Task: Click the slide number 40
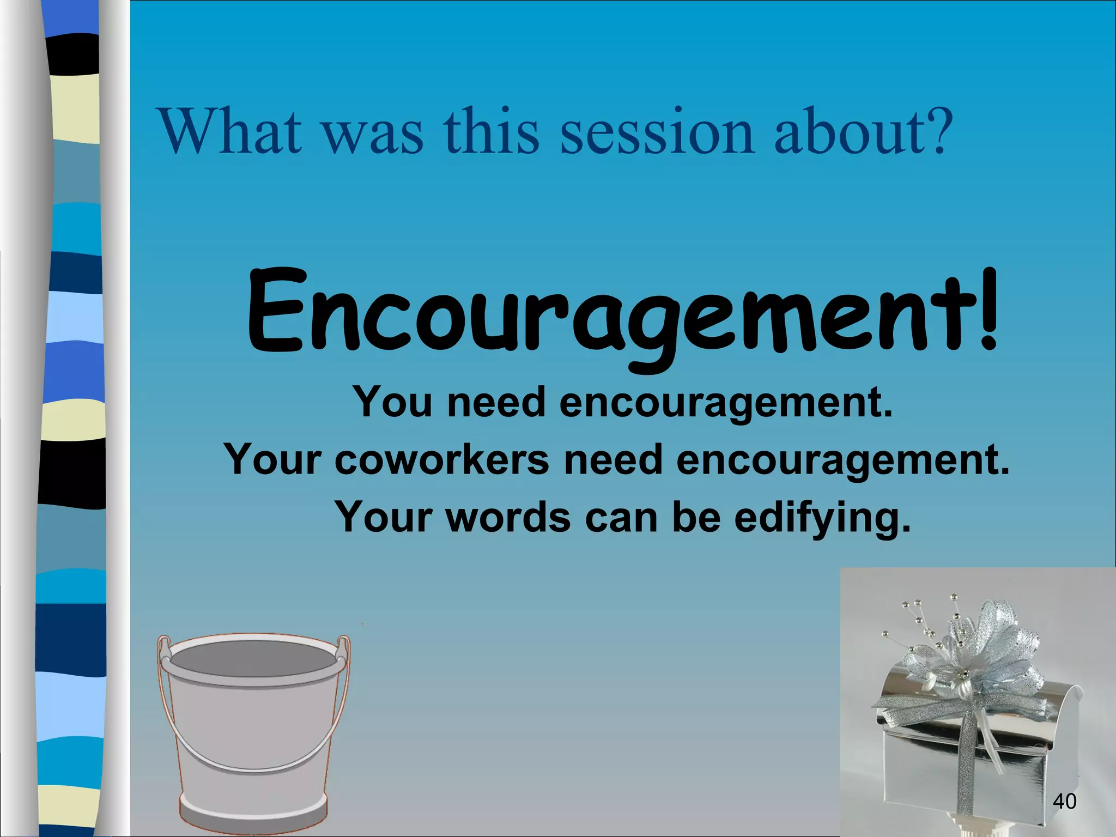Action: [x=1064, y=802]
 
